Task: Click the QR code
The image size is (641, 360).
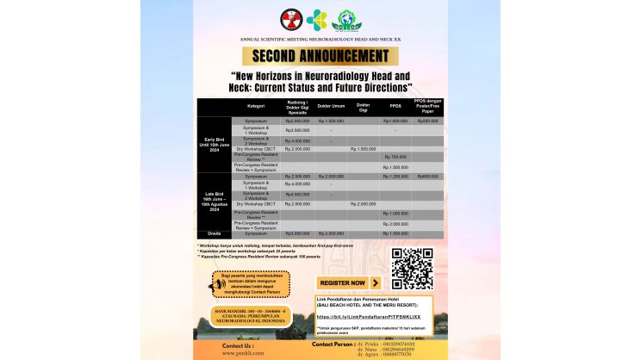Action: (x=411, y=268)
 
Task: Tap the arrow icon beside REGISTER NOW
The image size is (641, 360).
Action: (x=375, y=282)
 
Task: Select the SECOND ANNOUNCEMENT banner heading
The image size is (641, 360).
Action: (x=320, y=57)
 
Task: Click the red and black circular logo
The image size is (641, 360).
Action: (x=290, y=18)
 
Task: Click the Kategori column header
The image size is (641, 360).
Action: (x=256, y=107)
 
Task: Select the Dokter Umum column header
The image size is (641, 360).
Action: (x=331, y=107)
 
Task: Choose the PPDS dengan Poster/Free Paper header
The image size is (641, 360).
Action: (x=427, y=106)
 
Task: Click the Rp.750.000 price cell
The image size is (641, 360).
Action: (x=395, y=157)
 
